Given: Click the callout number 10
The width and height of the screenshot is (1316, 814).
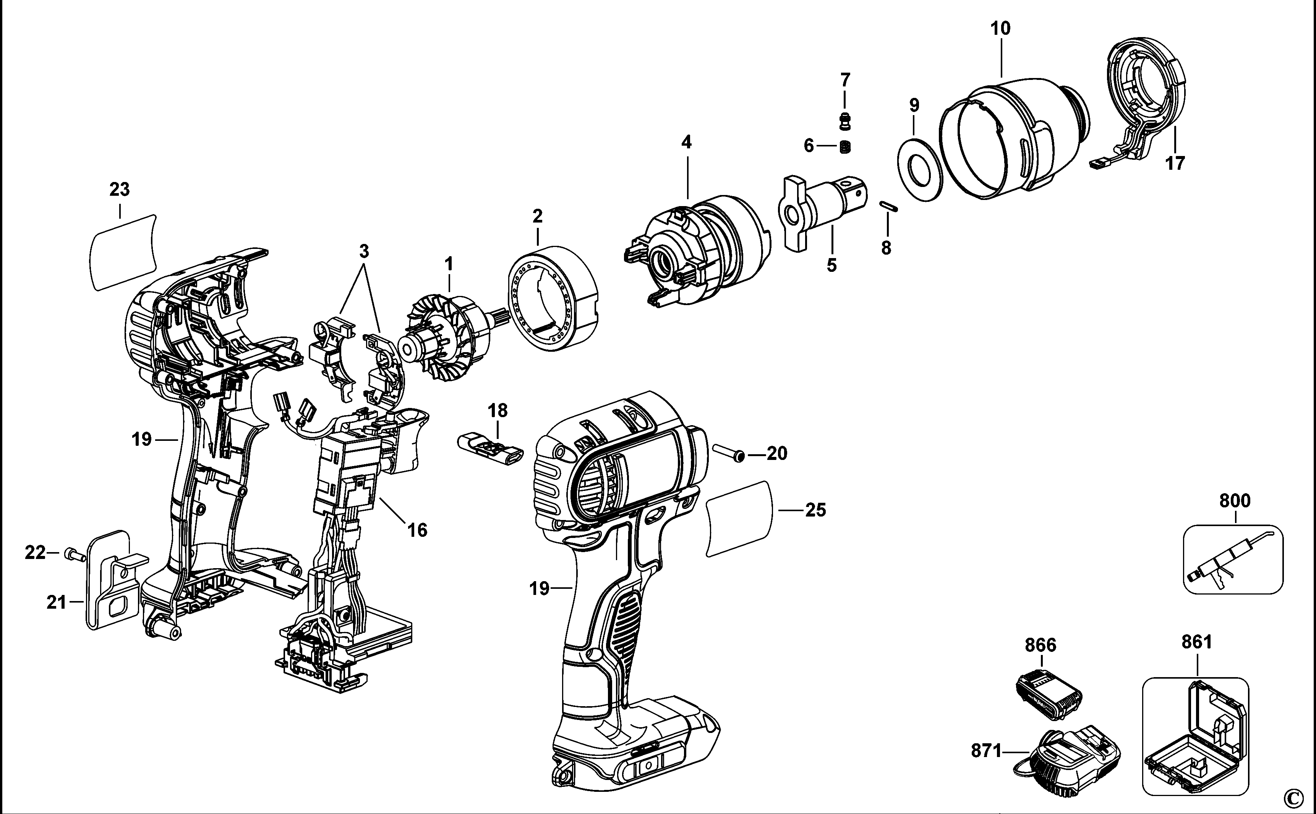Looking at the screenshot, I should [1001, 28].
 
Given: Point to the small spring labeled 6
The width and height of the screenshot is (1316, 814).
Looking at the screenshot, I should [845, 146].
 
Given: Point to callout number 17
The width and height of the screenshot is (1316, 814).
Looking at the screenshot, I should [1175, 162].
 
